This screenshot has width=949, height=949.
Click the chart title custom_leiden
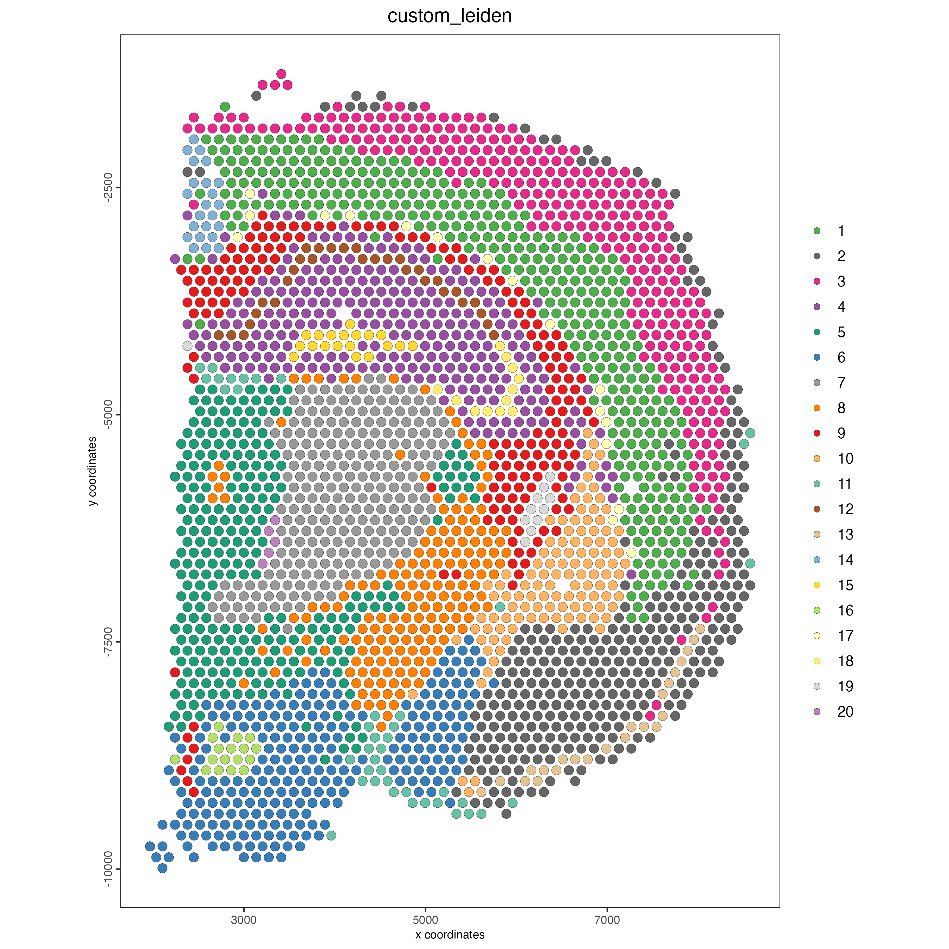(450, 16)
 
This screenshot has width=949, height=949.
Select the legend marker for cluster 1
(817, 231)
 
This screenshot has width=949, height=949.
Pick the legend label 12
(845, 509)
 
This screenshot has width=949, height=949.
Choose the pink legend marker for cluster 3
(817, 282)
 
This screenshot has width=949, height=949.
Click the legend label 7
(841, 383)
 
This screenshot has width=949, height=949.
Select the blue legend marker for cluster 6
(817, 357)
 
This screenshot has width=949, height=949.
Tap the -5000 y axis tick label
(108, 415)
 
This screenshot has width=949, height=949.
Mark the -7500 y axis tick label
(108, 641)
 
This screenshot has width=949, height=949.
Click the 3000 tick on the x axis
(244, 919)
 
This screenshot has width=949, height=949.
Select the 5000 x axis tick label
(425, 919)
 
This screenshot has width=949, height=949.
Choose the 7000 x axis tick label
(607, 919)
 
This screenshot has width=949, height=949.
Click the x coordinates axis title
(450, 934)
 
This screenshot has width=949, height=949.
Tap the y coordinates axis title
(93, 471)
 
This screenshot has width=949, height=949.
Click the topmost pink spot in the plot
(281, 74)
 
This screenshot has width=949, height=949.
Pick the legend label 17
(845, 635)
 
